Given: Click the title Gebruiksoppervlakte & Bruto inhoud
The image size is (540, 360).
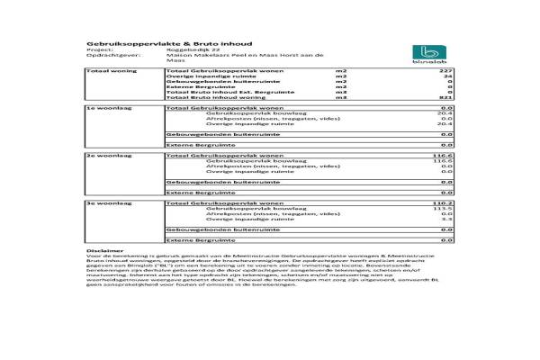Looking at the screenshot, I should (144, 41).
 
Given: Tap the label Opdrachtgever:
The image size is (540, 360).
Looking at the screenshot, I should (106, 55).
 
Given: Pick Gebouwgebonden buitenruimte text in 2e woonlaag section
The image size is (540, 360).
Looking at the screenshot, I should (208, 182).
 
